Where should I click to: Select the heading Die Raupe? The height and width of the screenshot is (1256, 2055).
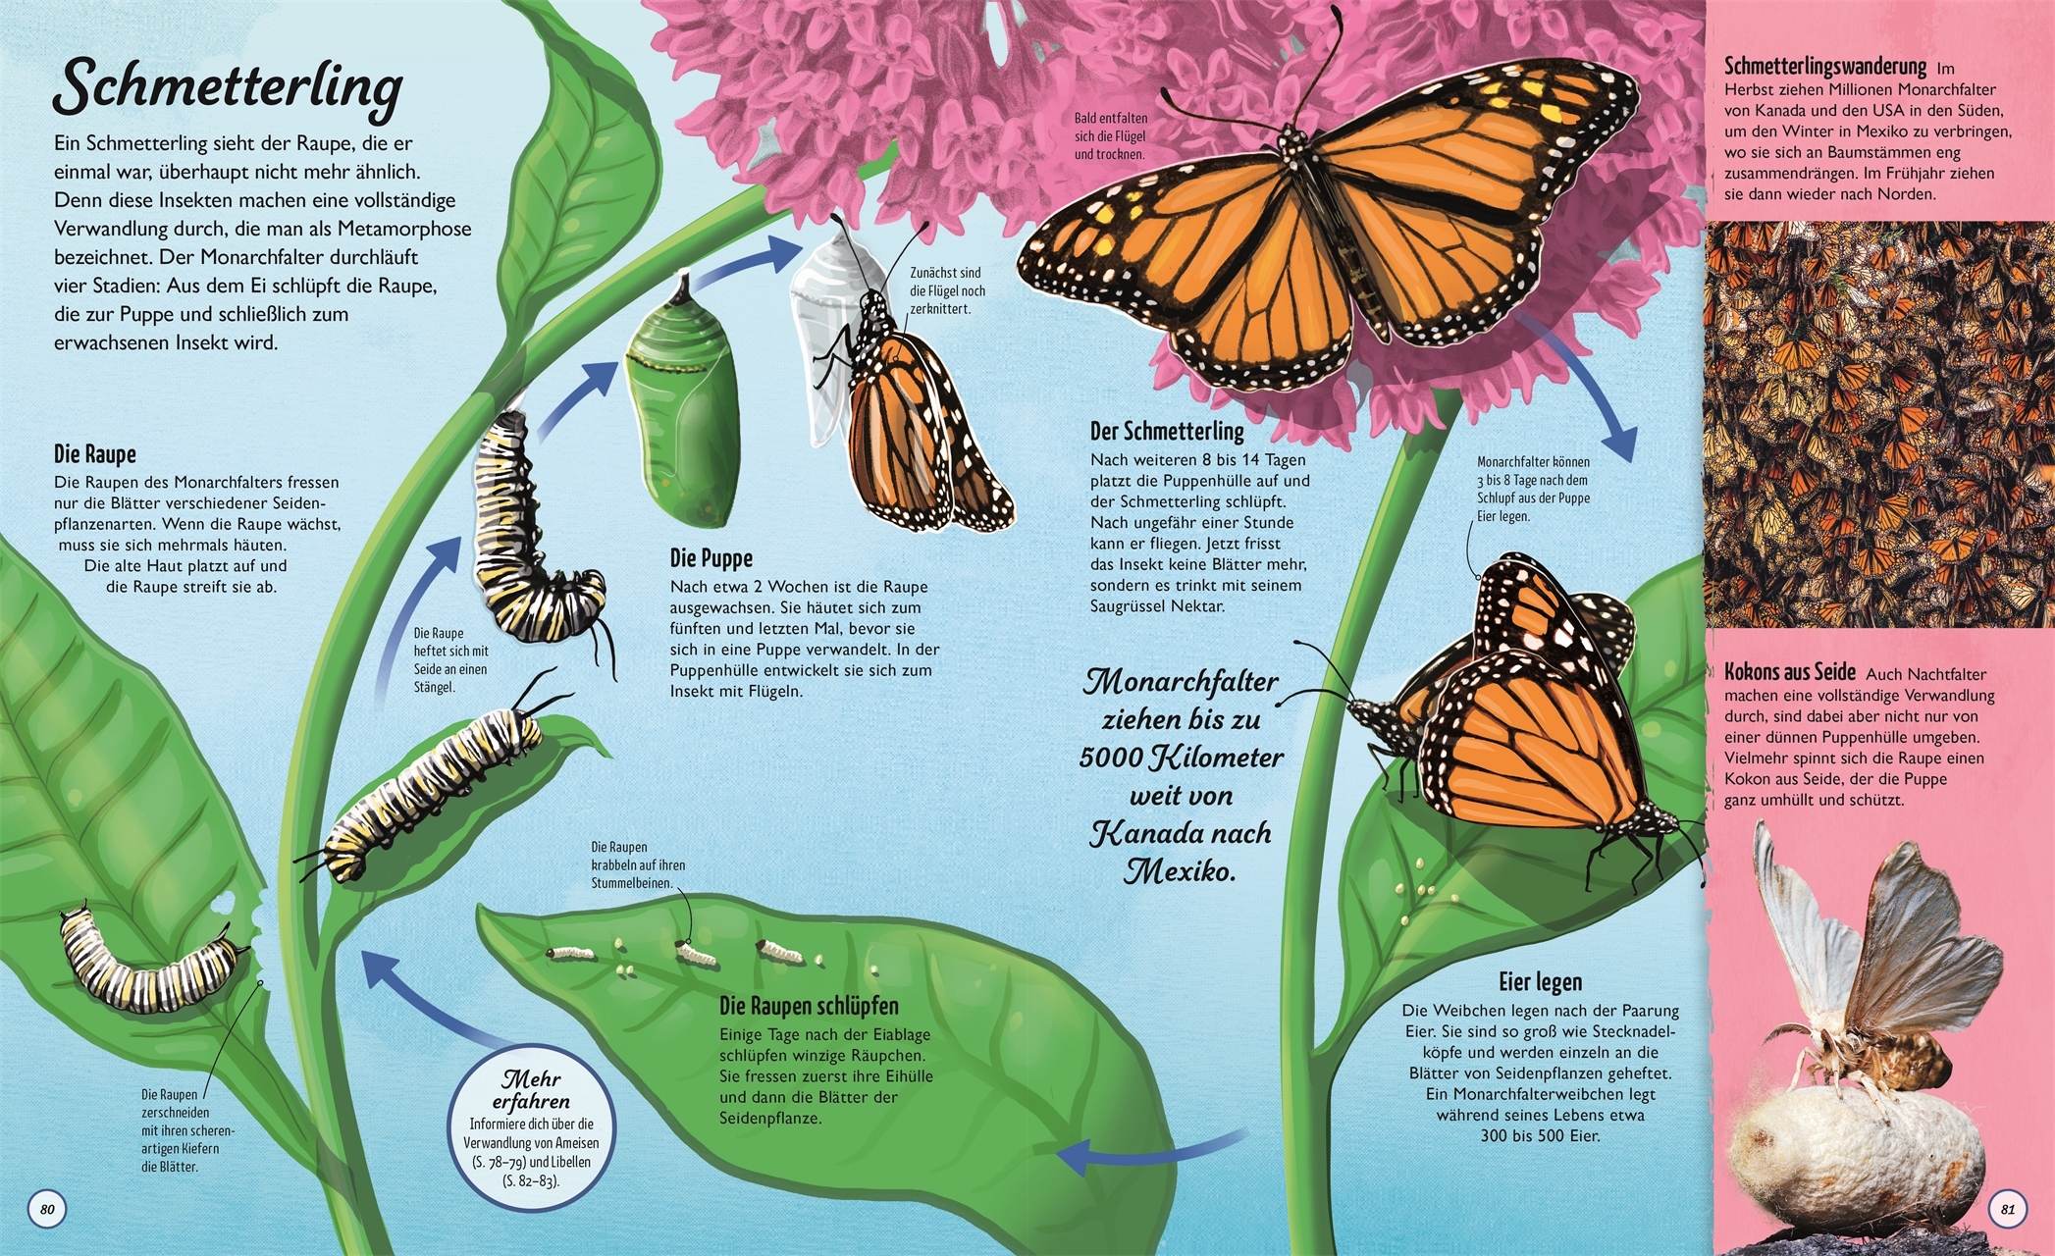(94, 454)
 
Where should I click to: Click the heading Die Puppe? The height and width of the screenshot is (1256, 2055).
(711, 558)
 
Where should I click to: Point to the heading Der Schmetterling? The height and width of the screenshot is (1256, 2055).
(1167, 431)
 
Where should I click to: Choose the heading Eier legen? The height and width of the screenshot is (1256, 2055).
(1540, 981)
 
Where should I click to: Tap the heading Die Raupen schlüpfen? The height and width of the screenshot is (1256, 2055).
(809, 1006)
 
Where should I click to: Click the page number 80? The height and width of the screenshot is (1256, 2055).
(46, 1209)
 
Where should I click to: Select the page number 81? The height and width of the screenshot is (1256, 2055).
(2007, 1209)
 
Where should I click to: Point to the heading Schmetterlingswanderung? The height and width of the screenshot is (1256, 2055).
(1825, 67)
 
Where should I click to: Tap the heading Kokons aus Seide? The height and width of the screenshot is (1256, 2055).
(1790, 672)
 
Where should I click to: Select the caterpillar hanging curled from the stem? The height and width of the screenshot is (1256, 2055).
(535, 535)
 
